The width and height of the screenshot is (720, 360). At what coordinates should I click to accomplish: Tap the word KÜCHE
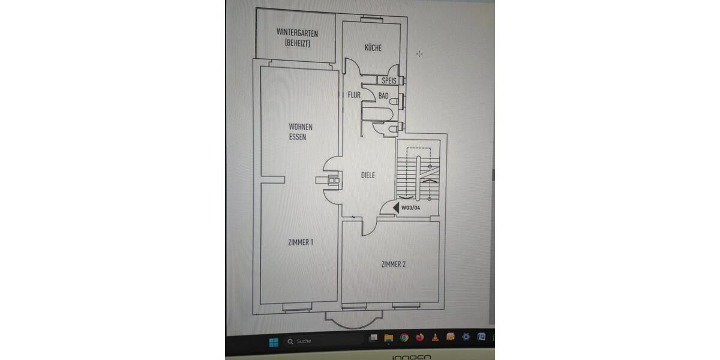pos(373,48)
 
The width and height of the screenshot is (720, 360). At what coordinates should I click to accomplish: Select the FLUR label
pos(354,95)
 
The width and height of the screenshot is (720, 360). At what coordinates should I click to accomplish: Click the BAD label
pos(383,95)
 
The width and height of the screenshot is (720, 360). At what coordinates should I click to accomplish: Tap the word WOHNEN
pos(301,127)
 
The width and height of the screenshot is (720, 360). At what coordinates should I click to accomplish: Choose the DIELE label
pos(368,175)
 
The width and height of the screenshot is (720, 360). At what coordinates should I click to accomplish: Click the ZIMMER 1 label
pos(301,242)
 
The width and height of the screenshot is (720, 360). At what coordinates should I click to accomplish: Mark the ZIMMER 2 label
pos(394,264)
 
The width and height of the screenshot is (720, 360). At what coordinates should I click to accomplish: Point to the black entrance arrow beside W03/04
pos(397,208)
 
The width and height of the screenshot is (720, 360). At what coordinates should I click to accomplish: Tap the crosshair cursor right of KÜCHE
pos(419,54)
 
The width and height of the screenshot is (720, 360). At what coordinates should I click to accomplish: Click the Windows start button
pos(274,341)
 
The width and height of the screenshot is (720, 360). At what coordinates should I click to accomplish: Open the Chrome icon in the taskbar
pos(404,338)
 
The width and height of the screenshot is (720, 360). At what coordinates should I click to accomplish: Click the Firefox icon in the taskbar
pos(420,338)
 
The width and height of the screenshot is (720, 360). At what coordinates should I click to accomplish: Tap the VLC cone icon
pos(435,337)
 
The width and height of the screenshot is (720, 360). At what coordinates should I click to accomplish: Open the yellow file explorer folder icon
pos(388,338)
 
